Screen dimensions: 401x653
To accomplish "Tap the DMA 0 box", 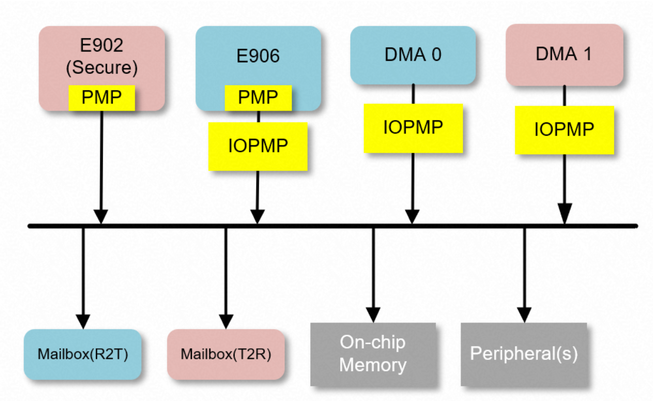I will (413, 55).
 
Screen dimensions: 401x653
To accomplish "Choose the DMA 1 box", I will (564, 54).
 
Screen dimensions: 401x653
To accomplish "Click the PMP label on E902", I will (102, 98).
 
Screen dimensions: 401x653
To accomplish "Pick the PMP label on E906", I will (258, 98).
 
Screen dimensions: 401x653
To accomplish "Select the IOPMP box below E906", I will (258, 146).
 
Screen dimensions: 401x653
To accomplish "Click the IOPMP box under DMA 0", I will (413, 128).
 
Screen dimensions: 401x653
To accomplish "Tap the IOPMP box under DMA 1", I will (564, 130).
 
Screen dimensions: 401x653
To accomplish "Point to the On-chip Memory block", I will (373, 354).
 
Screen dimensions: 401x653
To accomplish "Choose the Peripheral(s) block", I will (524, 354).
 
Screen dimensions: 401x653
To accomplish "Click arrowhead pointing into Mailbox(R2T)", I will (83, 321).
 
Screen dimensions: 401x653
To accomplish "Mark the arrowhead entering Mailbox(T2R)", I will (226, 321).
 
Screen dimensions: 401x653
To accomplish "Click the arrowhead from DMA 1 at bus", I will (564, 213).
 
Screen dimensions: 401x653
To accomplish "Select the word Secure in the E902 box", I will (102, 68).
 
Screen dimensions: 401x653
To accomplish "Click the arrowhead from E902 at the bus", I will (101, 216).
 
